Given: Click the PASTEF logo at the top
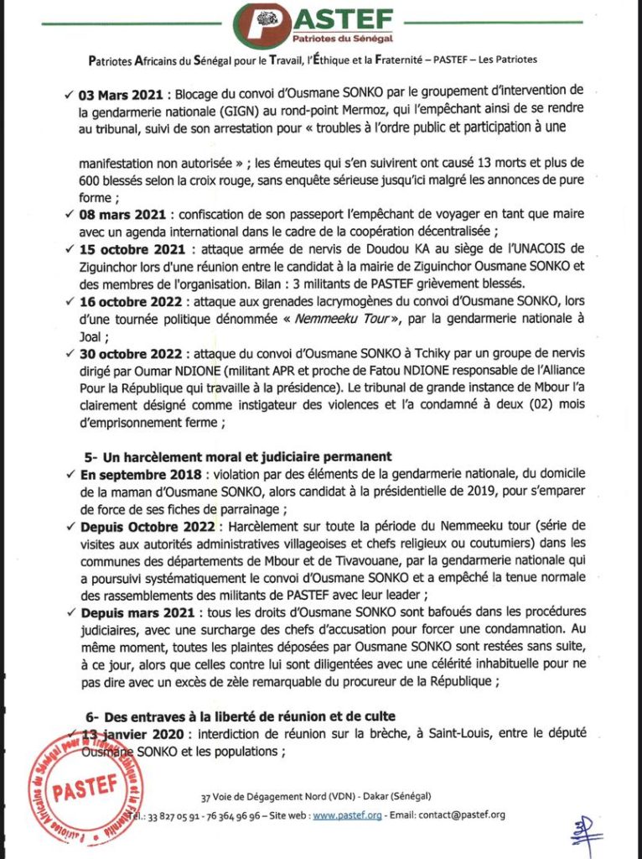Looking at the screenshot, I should (322, 26).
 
